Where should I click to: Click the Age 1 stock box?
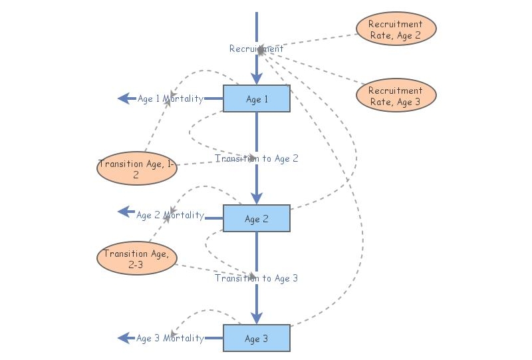tap(256, 99)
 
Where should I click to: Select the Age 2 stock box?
tap(256, 218)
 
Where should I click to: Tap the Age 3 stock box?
tap(256, 338)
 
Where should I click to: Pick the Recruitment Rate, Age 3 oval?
tap(396, 95)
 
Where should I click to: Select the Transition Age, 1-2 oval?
tap(136, 168)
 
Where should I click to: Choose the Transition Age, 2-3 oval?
tap(136, 258)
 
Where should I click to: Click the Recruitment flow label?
tap(256, 49)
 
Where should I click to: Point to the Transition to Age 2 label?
tap(256, 158)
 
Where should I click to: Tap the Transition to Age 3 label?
tap(256, 278)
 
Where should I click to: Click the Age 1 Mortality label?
tap(170, 99)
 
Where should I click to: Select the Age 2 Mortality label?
tap(170, 216)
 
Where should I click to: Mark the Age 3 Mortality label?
tap(170, 338)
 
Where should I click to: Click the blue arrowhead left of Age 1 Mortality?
tap(124, 98)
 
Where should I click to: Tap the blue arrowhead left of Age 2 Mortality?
tap(124, 212)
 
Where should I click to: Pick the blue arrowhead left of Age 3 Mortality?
tap(124, 338)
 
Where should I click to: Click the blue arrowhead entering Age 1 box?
tap(257, 79)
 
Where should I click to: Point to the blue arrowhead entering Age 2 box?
tap(257, 198)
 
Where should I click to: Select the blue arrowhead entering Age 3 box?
tap(257, 317)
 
